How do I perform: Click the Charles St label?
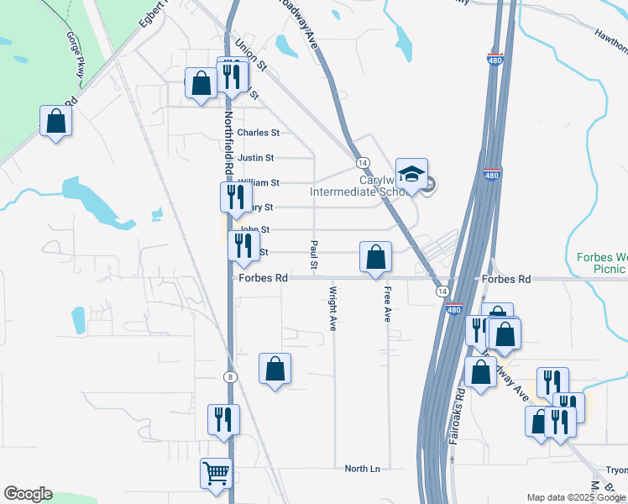click(x=258, y=133)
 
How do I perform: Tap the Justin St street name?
click(x=256, y=158)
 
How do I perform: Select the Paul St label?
click(x=314, y=255)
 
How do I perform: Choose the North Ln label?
click(x=363, y=468)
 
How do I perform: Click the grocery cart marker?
click(x=216, y=473)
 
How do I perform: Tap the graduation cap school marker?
click(x=411, y=174)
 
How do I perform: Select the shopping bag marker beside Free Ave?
click(x=375, y=257)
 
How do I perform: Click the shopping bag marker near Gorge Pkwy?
click(x=55, y=121)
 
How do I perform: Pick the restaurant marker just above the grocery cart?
click(x=223, y=419)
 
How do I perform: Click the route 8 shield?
click(x=229, y=377)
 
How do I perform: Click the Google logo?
click(x=28, y=494)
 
